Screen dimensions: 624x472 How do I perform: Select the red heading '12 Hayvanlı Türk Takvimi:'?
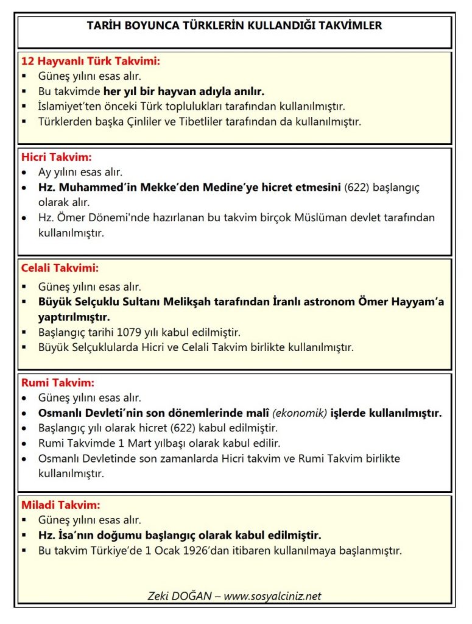click(91, 62)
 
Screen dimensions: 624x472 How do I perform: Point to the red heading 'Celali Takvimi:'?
click(60, 268)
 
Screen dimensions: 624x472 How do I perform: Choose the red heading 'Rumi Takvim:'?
click(58, 383)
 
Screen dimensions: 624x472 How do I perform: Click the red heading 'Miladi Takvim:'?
click(61, 505)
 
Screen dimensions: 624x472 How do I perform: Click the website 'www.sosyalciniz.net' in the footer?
click(272, 596)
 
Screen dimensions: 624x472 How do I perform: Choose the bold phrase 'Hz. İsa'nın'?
click(67, 536)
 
